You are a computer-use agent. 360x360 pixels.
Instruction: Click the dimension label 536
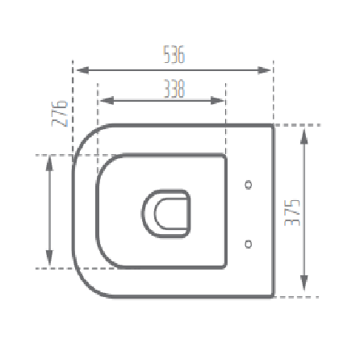(174, 56)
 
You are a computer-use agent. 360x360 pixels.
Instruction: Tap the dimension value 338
(174, 90)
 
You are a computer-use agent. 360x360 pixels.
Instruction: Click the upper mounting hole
(249, 184)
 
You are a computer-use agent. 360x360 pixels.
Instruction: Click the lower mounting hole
(249, 242)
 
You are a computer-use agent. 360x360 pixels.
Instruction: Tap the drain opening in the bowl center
(167, 212)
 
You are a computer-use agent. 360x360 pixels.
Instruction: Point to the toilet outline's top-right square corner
(274, 126)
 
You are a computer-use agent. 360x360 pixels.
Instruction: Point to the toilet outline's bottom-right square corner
(274, 296)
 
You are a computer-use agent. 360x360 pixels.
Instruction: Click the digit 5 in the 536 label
(166, 56)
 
